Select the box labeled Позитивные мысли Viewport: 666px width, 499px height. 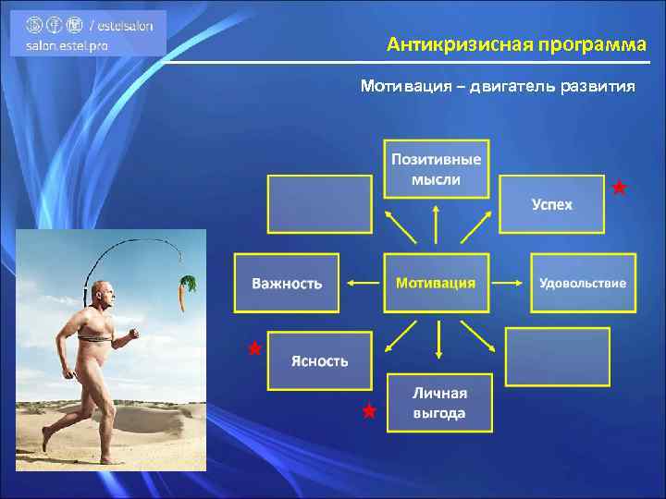[438, 168]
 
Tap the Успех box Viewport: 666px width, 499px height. [552, 204]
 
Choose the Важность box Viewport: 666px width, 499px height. [287, 283]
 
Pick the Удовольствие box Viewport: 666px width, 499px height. [583, 283]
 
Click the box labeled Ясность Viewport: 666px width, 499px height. [320, 359]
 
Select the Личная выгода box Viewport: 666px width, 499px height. [439, 402]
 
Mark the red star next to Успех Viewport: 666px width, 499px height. [620, 188]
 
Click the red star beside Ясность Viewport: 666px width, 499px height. [254, 348]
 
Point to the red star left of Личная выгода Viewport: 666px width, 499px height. [369, 411]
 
